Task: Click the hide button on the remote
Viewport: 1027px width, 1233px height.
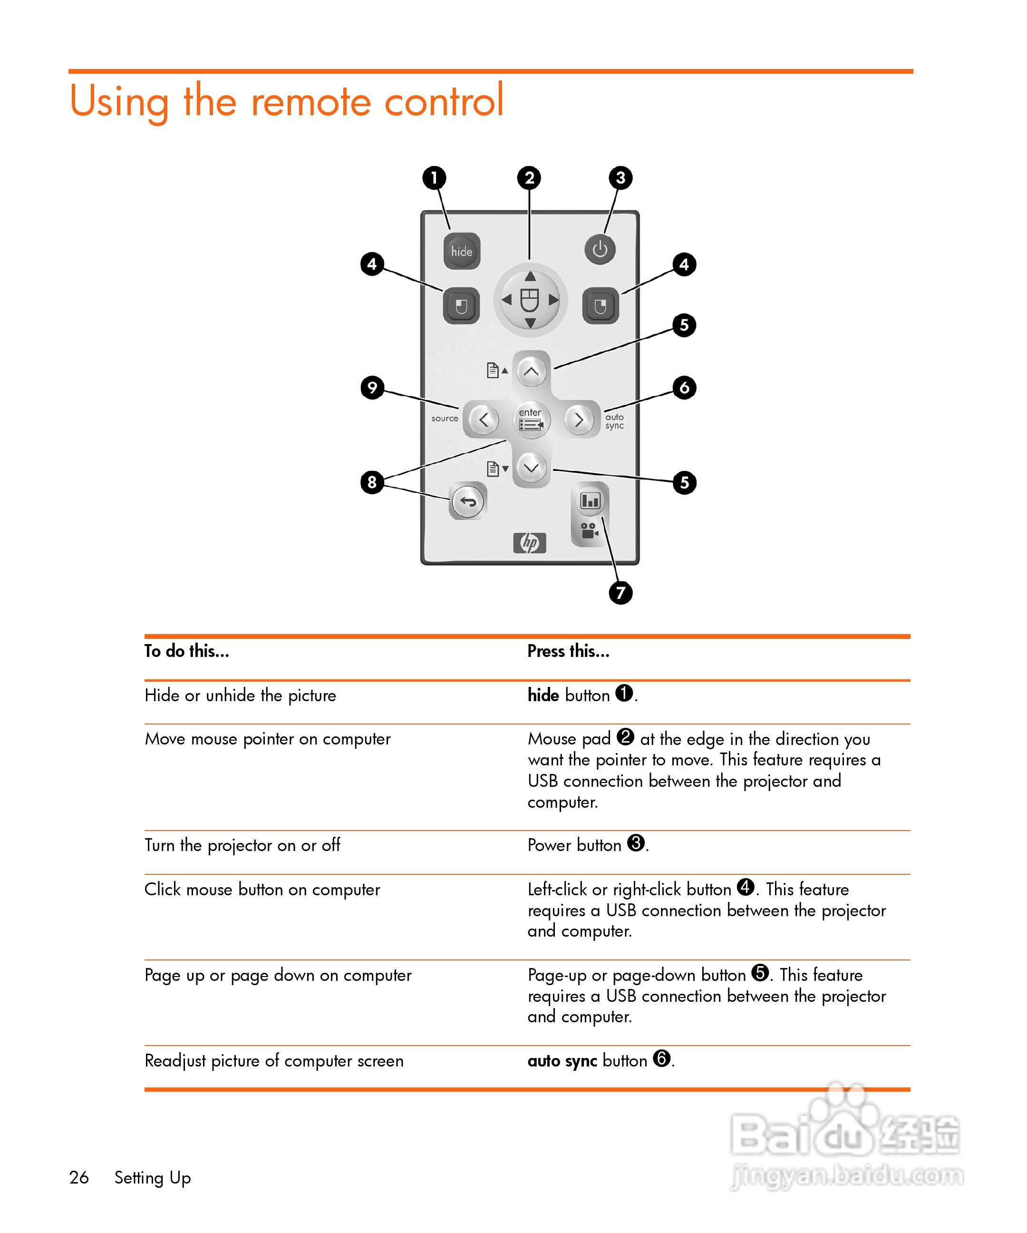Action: point(461,251)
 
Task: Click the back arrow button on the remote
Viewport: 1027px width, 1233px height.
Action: point(468,501)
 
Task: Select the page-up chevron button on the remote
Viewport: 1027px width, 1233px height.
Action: point(531,371)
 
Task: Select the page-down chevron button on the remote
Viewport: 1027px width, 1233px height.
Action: point(531,468)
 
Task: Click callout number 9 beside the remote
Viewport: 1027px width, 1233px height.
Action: point(372,388)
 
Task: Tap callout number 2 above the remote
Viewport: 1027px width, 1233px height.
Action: point(529,177)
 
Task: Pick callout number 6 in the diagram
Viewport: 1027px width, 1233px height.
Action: point(684,388)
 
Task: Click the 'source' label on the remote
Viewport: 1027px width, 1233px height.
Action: point(444,419)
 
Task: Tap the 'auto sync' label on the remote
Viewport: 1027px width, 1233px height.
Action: point(614,421)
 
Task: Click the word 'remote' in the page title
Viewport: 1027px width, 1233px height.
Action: point(311,101)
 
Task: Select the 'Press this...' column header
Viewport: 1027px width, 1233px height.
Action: point(568,651)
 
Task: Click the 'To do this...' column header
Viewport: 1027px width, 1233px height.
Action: point(187,651)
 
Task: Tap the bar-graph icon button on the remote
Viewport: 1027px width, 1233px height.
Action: point(590,500)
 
